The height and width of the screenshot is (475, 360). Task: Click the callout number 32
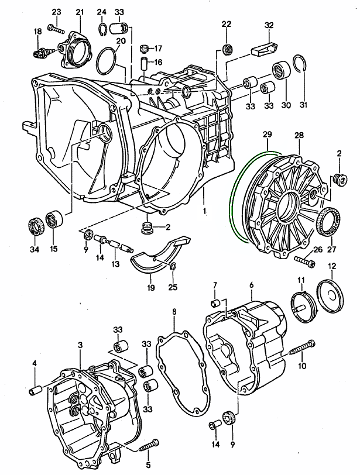tap(269, 25)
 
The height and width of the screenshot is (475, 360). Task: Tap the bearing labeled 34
tap(36, 225)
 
